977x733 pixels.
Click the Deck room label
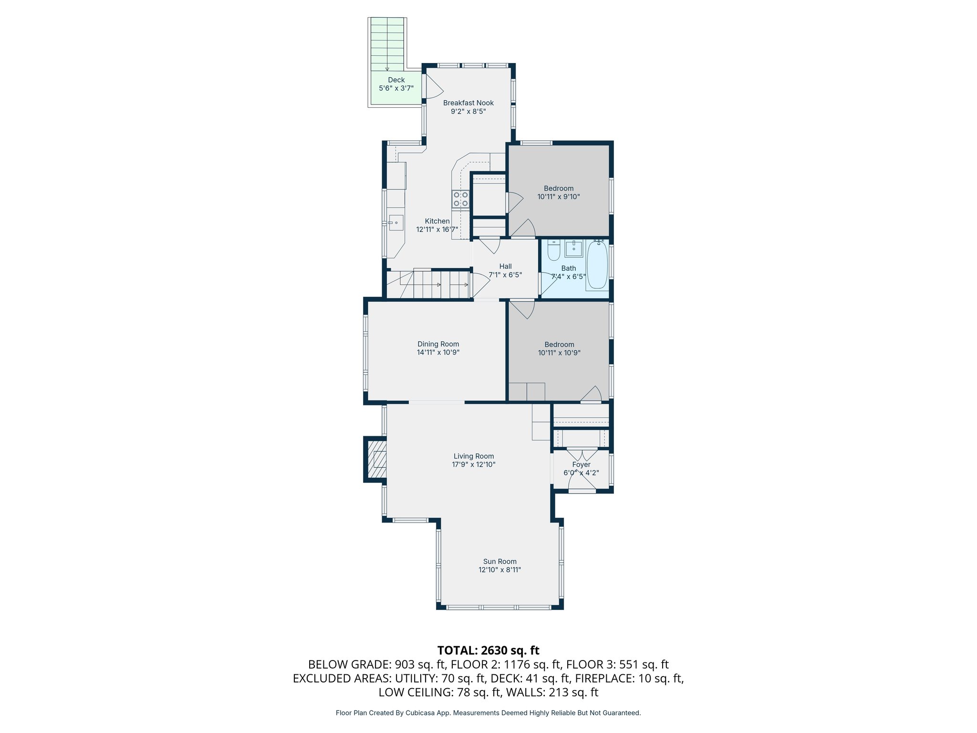396,80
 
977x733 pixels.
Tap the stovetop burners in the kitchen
460,199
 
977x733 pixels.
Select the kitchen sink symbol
396,223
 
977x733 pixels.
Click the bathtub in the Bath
597,265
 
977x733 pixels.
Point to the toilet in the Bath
553,251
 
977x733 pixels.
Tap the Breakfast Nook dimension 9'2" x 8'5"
468,112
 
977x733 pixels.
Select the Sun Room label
499,561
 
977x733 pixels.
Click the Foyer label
581,464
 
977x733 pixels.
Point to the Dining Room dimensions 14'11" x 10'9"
438,353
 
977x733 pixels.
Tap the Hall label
505,266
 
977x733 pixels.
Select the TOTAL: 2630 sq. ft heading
488,650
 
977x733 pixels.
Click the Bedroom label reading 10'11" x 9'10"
558,197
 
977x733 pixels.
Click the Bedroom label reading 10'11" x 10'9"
559,353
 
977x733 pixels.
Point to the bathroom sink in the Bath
573,248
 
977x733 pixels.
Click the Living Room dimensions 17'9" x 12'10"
474,464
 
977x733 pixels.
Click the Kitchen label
437,221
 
